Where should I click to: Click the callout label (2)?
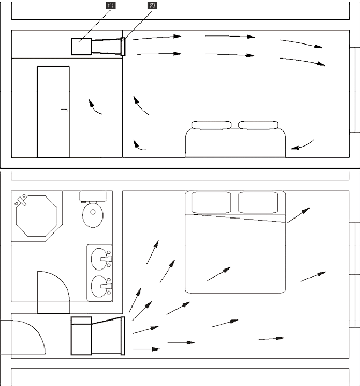point(152,5)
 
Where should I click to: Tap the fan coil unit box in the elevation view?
point(81,46)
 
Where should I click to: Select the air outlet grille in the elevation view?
point(123,46)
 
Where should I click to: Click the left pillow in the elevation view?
point(211,125)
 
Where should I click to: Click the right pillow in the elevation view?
point(259,125)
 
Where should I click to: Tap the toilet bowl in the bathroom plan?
point(93,216)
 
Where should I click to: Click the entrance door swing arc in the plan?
point(24,337)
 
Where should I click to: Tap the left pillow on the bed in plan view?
point(211,203)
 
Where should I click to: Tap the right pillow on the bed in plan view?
point(259,203)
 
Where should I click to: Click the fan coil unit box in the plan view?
point(82,335)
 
